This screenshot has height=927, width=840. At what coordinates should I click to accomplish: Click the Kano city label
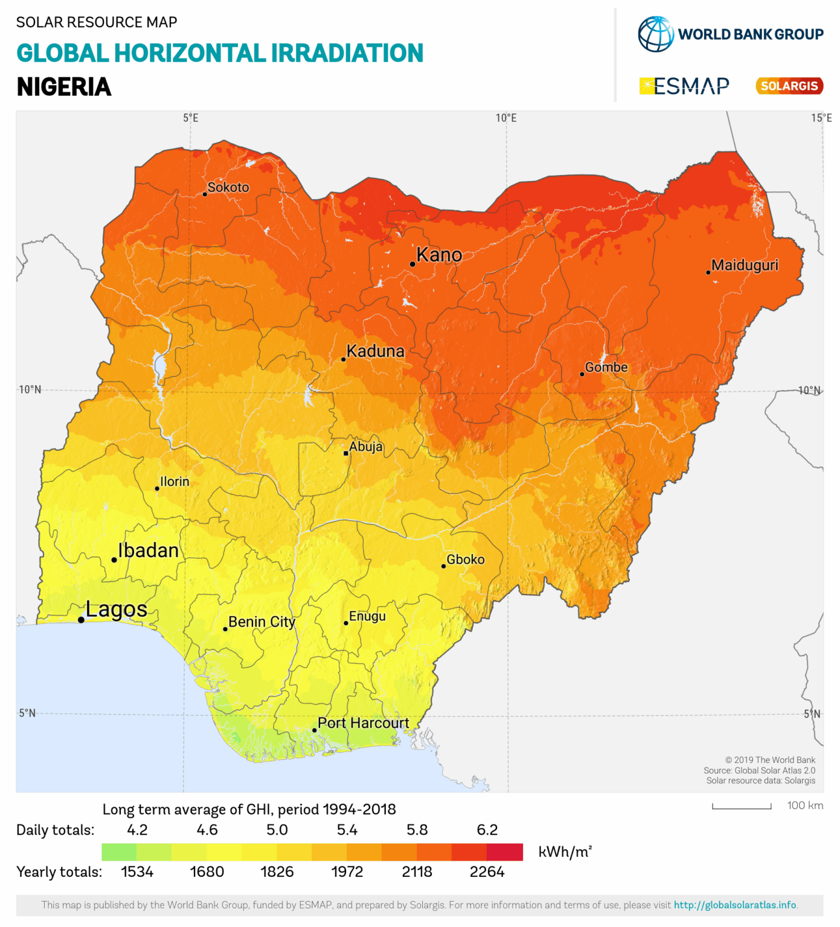pyautogui.click(x=439, y=255)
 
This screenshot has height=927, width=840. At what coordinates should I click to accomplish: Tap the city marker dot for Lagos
pyautogui.click(x=81, y=620)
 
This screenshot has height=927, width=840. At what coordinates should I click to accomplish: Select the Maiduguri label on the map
pyautogui.click(x=745, y=265)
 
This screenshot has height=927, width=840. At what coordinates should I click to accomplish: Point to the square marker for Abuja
pyautogui.click(x=346, y=453)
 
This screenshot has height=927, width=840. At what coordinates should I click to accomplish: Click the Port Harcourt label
pyautogui.click(x=363, y=723)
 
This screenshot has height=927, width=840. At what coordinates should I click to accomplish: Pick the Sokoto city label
pyautogui.click(x=228, y=187)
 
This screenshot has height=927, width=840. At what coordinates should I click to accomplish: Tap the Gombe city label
pyautogui.click(x=606, y=367)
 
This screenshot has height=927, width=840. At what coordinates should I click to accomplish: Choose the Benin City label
pyautogui.click(x=261, y=622)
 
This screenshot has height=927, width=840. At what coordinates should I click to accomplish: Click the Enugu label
pyautogui.click(x=367, y=616)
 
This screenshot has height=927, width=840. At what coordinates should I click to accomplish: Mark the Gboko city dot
pyautogui.click(x=443, y=566)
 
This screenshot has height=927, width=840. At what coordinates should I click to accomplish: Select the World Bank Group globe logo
pyautogui.click(x=656, y=34)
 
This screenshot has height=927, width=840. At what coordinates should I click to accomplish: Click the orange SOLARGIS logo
pyautogui.click(x=789, y=86)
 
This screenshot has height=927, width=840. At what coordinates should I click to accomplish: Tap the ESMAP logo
pyautogui.click(x=684, y=86)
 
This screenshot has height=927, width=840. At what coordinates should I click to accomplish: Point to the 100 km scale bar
pyautogui.click(x=742, y=806)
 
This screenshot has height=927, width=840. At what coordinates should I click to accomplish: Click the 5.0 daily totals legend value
pyautogui.click(x=277, y=830)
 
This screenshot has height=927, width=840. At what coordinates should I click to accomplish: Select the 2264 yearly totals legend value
pyautogui.click(x=487, y=872)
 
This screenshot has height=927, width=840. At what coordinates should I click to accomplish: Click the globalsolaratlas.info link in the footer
pyautogui.click(x=735, y=905)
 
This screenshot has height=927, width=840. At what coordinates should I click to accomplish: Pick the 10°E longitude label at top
pyautogui.click(x=506, y=118)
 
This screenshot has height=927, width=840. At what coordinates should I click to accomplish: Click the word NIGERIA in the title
pyautogui.click(x=64, y=87)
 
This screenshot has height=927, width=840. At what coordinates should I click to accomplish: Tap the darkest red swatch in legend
pyautogui.click(x=505, y=852)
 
